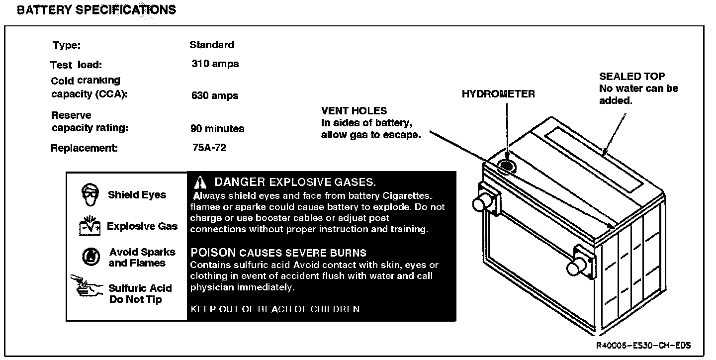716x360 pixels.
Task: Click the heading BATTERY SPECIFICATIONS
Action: point(96,10)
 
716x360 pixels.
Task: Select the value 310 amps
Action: point(215,64)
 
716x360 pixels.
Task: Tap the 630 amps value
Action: point(215,95)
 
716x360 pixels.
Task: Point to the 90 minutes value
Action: point(217,129)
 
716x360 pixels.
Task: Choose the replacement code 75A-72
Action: point(209,148)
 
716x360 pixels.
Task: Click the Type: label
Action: point(67,45)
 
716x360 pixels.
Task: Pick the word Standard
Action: point(212,45)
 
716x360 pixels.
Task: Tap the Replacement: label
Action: point(84,148)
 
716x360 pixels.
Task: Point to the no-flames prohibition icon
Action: point(90,257)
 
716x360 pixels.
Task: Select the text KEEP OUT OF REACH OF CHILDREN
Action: point(275,309)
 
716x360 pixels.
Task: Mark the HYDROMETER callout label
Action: point(498,94)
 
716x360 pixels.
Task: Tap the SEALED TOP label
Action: point(631,77)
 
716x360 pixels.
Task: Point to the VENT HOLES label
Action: point(354,111)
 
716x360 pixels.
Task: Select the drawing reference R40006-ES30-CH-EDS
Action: point(644,345)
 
